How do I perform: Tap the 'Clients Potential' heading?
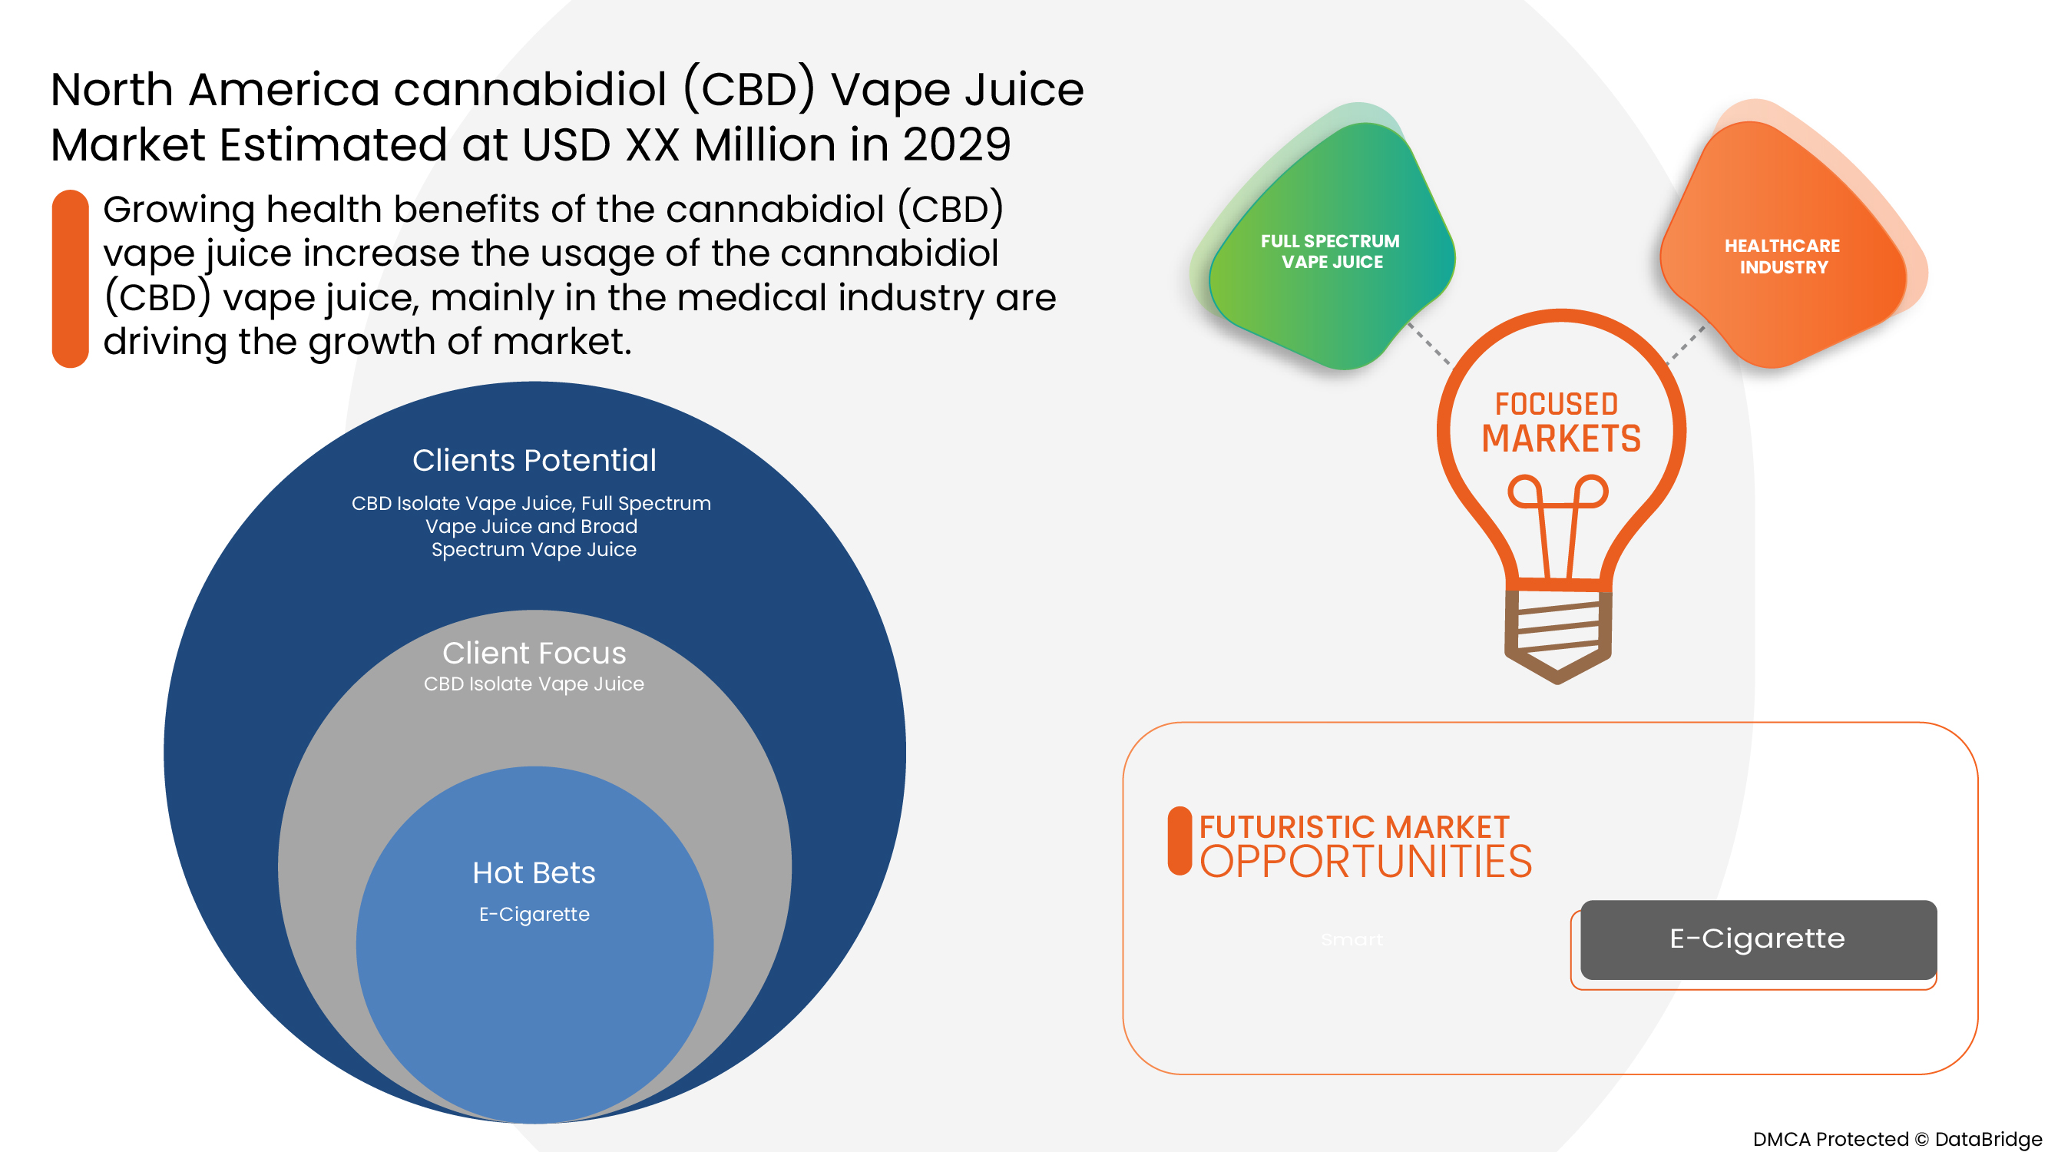tap(534, 460)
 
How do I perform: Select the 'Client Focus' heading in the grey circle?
tap(534, 653)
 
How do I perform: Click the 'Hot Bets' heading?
tap(534, 873)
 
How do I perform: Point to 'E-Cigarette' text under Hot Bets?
tap(534, 914)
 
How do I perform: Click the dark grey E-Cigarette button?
tap(1758, 939)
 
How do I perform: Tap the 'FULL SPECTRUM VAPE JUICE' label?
tap(1331, 251)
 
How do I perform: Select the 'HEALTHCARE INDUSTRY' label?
tap(1782, 256)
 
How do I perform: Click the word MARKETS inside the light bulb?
tap(1560, 439)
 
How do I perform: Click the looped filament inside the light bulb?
tap(1558, 509)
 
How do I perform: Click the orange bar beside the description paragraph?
tap(70, 278)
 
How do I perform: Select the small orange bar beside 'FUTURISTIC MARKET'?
tap(1180, 841)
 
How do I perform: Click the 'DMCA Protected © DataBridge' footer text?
tap(1897, 1138)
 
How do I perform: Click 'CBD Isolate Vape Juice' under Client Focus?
tap(534, 684)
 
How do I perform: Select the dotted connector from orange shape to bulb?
tap(1686, 343)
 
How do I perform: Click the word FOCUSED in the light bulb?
tap(1557, 404)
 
